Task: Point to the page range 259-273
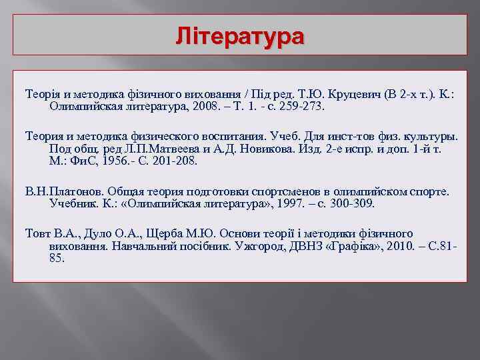pyautogui.click(x=301, y=105)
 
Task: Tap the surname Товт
pyautogui.click(x=39, y=233)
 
